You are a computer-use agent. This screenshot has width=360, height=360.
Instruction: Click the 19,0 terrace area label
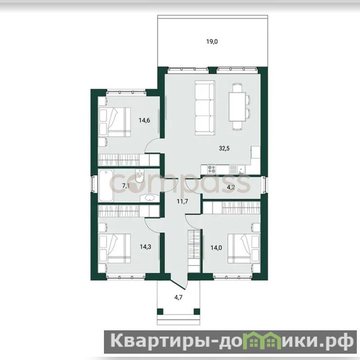coord(212,42)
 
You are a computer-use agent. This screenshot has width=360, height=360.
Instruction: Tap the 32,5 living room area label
coord(224,148)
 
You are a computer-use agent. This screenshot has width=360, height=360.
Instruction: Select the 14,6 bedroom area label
coord(144,120)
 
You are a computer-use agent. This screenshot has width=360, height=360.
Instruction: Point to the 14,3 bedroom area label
coord(145,247)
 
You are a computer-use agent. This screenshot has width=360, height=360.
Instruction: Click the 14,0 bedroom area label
coord(216,248)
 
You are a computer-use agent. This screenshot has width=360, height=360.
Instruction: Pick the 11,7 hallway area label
coord(182,202)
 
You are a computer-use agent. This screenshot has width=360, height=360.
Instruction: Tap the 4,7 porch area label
coord(178,297)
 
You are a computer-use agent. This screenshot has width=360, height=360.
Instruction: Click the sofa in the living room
coord(205,108)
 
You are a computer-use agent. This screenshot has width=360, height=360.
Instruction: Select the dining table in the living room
coord(238,107)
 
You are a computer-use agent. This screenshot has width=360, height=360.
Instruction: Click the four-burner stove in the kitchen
coord(211,169)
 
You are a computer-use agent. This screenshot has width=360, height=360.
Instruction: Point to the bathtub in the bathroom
coord(106,185)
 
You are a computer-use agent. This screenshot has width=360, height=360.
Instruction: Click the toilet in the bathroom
coord(139,176)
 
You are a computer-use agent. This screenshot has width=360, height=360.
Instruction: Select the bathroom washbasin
coord(150,198)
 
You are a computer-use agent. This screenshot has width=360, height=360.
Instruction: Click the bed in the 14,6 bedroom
coord(114,122)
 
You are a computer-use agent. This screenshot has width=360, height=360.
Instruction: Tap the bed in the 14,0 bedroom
coord(244,248)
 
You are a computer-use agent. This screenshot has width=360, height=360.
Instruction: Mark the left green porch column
coord(160,311)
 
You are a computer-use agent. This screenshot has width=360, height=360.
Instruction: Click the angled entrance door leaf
coord(178,281)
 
